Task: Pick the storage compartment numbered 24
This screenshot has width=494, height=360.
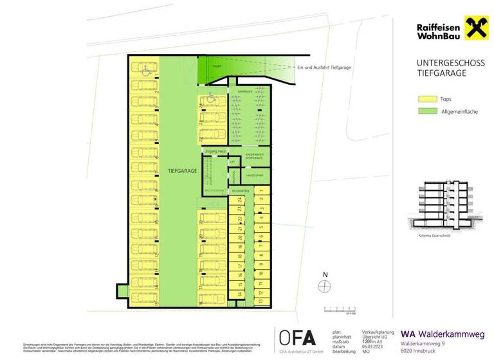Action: (x=239, y=200)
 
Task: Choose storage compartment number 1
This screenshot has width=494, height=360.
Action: (x=262, y=200)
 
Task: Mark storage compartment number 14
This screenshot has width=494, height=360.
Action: (x=239, y=294)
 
